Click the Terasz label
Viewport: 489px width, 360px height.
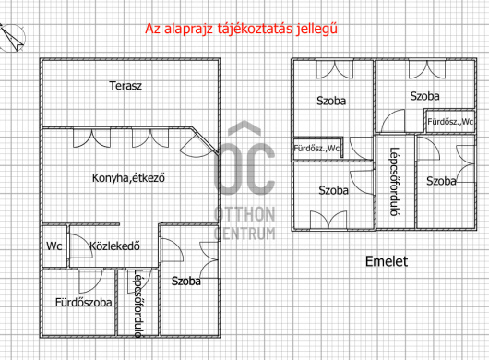(x=125, y=86)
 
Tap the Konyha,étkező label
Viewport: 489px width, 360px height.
(x=128, y=178)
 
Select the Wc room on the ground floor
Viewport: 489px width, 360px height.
(x=54, y=246)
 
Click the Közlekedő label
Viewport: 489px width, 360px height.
(x=114, y=246)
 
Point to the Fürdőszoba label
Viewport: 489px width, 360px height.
(x=84, y=302)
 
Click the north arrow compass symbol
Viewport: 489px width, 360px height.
(x=12, y=38)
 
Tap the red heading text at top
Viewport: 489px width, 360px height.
(x=241, y=29)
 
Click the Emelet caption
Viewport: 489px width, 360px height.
(x=387, y=261)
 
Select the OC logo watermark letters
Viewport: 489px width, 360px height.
(x=244, y=159)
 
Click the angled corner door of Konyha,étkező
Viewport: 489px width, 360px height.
(x=198, y=145)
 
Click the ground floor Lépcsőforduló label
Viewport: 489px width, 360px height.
(x=139, y=303)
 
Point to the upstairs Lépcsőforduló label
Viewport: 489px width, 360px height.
(x=396, y=182)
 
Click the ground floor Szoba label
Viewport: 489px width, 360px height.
(x=186, y=281)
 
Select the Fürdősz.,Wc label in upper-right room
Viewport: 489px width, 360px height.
(x=450, y=121)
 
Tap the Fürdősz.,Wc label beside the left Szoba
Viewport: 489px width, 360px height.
(x=316, y=148)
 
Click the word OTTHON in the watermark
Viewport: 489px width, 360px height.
(x=244, y=214)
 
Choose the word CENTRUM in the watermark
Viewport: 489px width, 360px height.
(x=244, y=234)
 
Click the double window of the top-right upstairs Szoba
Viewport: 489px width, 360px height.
(x=427, y=69)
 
